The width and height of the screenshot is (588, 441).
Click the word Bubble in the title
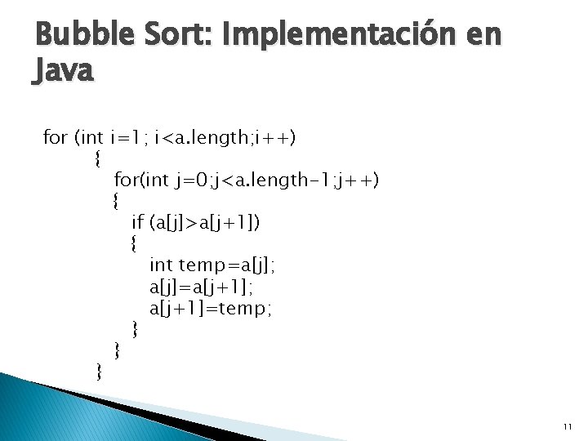74,35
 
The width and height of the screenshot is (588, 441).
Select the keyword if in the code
138,221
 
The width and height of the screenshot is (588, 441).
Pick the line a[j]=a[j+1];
202,287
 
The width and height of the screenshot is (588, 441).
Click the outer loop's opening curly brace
99,158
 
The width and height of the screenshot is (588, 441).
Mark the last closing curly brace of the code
99,372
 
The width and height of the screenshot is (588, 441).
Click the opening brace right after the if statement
135,243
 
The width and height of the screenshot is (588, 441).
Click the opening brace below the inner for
117,201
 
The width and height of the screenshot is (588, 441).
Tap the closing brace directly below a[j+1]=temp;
135,329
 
